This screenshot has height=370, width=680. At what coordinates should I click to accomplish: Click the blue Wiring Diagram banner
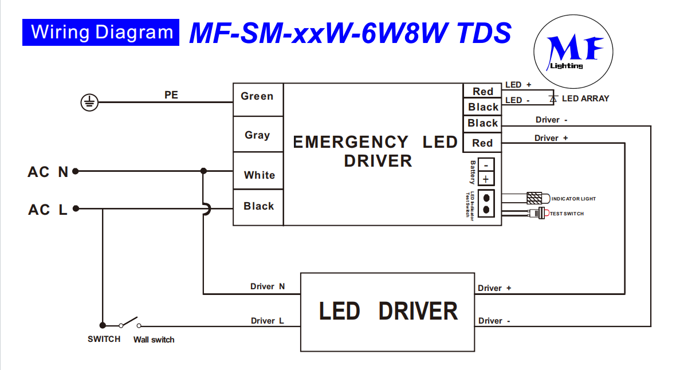(x=101, y=32)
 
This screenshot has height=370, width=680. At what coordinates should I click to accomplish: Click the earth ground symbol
(x=89, y=103)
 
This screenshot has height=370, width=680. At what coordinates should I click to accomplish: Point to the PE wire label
(x=171, y=95)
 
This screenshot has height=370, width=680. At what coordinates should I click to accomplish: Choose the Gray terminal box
(x=258, y=135)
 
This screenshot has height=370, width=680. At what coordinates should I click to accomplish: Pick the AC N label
(x=48, y=172)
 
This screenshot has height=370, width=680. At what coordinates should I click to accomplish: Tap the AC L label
(x=48, y=210)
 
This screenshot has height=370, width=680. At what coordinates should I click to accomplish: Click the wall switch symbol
(x=129, y=322)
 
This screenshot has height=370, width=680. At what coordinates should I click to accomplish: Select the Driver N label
(x=268, y=286)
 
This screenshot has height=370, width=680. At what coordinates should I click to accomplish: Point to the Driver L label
(x=268, y=321)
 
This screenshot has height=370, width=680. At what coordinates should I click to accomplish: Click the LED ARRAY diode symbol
(x=553, y=99)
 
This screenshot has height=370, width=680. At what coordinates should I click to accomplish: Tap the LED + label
(x=518, y=85)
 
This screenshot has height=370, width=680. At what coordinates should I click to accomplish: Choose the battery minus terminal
(x=485, y=163)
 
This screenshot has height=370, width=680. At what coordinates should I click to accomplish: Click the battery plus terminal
(x=485, y=179)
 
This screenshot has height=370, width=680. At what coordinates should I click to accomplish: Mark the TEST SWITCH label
(x=567, y=214)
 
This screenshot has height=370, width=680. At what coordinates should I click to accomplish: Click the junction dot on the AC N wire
(x=203, y=171)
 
